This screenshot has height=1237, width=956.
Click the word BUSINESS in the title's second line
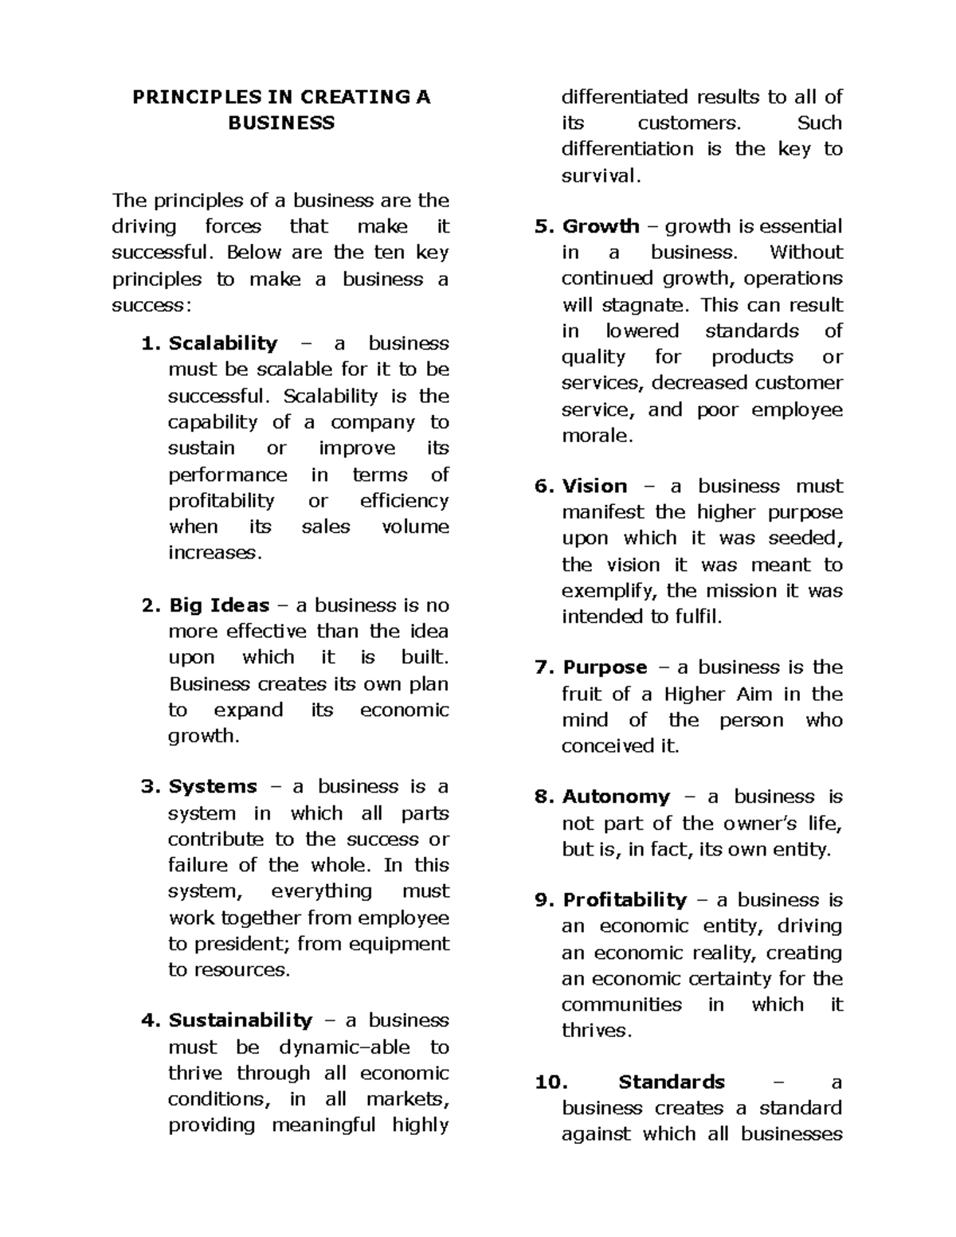(x=281, y=123)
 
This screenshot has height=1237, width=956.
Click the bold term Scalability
(x=223, y=343)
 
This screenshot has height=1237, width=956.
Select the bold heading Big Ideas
(x=219, y=605)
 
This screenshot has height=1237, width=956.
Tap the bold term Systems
(x=213, y=787)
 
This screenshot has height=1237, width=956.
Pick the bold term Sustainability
(x=241, y=1021)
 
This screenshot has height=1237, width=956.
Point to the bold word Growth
(x=601, y=226)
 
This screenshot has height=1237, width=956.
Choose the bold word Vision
(x=594, y=487)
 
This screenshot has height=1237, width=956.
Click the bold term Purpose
(x=605, y=667)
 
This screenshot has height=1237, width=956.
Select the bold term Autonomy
(x=616, y=797)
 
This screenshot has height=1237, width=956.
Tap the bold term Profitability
(x=625, y=900)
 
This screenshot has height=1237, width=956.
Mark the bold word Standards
(x=672, y=1082)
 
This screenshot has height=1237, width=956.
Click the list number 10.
(x=550, y=1082)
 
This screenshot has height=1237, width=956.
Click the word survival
(x=599, y=176)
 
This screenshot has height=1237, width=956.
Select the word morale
(x=596, y=436)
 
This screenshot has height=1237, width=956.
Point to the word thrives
(x=595, y=1031)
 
